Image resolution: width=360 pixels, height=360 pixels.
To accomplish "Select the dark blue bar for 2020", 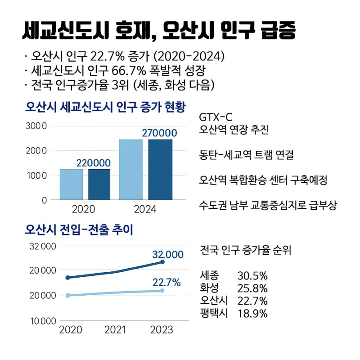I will pos(99,184).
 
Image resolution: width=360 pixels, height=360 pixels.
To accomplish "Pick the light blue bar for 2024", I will pos(130,169).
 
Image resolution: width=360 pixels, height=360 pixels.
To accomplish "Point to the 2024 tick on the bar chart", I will pos(145,209).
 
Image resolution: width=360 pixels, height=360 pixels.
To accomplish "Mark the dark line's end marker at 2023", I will pos(162,261).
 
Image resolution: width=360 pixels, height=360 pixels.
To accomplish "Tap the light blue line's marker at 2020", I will pos(68,295).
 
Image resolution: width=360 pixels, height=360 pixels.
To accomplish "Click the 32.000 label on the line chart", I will pos(168,254).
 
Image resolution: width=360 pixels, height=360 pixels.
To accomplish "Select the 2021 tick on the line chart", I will pos(115,330).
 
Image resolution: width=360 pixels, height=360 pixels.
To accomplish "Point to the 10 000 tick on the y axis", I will pos(43,321).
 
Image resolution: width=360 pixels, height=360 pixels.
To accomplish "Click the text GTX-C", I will pos(216,118).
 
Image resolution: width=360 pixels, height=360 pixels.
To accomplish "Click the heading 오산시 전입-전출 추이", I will pos(79,230).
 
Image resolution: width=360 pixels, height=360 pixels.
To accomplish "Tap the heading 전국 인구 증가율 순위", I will pos(245,250).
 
